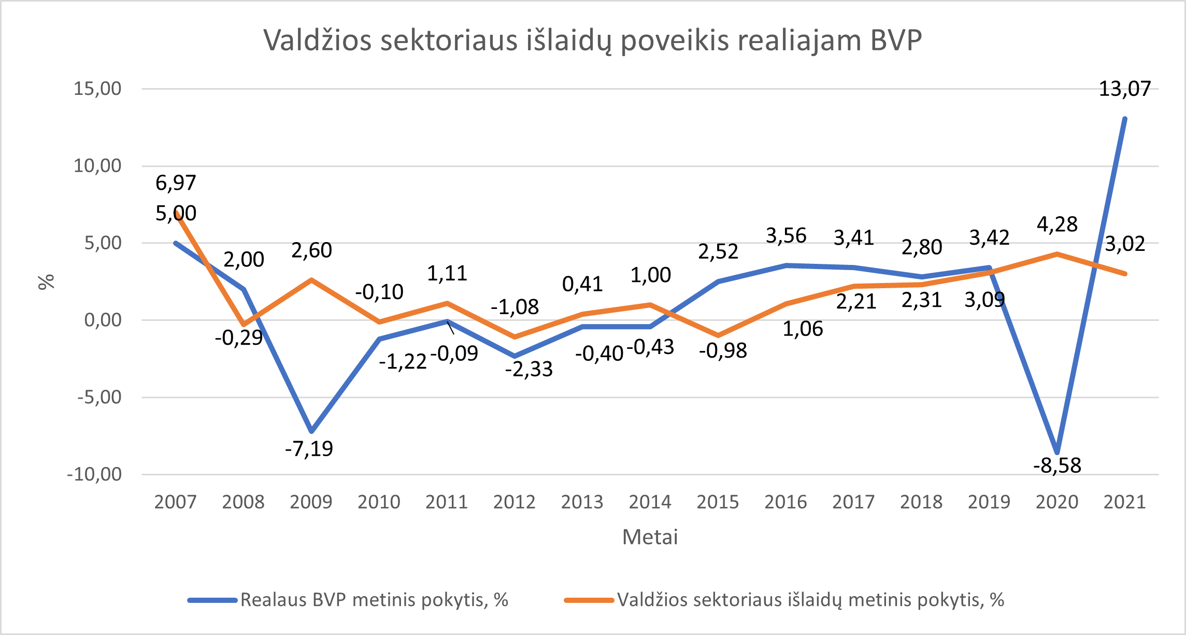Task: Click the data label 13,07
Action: pos(1124,89)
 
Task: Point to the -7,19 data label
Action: pos(309,448)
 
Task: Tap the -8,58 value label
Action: pos(1057,465)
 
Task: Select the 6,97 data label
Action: pos(176,183)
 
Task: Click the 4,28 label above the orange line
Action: pos(1057,224)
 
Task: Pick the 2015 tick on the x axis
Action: pos(718,502)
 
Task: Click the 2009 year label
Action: pos(311,502)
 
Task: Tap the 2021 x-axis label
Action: pos(1124,502)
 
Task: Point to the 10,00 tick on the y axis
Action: pos(97,166)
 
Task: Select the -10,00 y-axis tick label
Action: pos(94,474)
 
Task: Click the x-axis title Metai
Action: pos(650,537)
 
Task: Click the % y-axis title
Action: pos(47,281)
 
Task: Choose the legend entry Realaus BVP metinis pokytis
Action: pos(374,600)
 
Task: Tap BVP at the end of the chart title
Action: pos(896,40)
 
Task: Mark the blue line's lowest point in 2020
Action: pos(1057,452)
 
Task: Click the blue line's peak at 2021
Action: pos(1124,119)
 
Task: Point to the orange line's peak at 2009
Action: pos(311,280)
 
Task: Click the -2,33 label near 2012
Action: pos(529,369)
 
